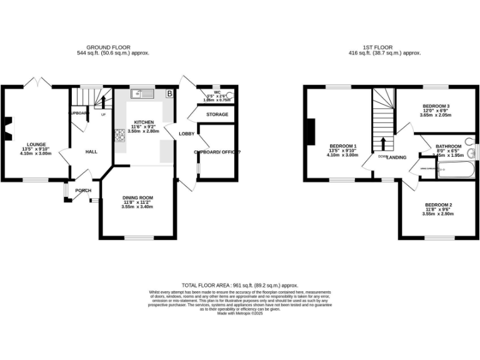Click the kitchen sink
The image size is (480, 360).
[x=143, y=94]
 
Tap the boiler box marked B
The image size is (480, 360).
[x=169, y=94]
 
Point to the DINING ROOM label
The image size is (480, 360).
[x=137, y=197]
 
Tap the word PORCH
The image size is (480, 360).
[x=83, y=191]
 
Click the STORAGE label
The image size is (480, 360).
[x=216, y=114]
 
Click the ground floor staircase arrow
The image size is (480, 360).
[x=103, y=102]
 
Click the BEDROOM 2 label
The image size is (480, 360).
[x=437, y=205]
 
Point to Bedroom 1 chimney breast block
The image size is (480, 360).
[x=311, y=132]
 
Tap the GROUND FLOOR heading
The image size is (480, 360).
[x=118, y=47]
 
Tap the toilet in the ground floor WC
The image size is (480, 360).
[x=231, y=96]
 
